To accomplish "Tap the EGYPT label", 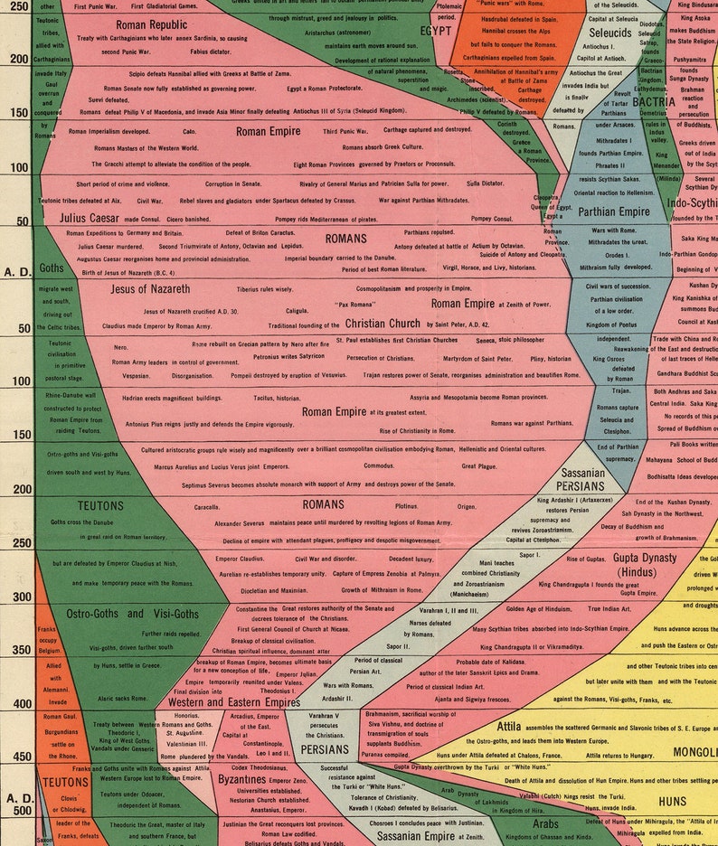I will [436, 31].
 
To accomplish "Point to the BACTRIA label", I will [655, 102].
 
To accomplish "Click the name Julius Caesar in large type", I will [97, 218].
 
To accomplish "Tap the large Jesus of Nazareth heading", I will [150, 288].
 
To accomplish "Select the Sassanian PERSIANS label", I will [581, 479].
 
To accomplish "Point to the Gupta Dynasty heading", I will [645, 564].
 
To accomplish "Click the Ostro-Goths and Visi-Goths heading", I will [133, 613].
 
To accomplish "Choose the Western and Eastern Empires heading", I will [233, 701].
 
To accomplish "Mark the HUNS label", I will [673, 801].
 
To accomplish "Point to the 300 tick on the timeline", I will [18, 597].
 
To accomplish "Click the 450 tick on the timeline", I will [18, 757].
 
